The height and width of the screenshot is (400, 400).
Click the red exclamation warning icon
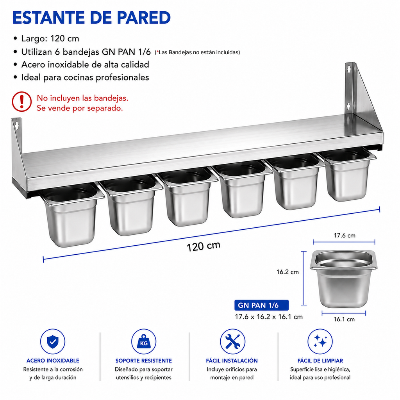(22, 102)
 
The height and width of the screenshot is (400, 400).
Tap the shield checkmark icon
(53, 341)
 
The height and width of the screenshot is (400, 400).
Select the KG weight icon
(144, 341)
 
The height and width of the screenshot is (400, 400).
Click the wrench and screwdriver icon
(232, 341)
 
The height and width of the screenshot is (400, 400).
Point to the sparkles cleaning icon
(320, 341)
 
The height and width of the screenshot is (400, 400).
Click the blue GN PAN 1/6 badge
(261, 305)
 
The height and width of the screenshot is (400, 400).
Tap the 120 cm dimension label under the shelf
(204, 246)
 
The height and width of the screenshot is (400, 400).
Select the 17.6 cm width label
(345, 235)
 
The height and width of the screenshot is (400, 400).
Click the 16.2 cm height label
(287, 272)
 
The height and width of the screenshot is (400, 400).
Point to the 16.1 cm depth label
(344, 319)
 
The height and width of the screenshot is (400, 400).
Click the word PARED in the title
(144, 18)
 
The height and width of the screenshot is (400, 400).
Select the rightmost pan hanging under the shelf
(347, 175)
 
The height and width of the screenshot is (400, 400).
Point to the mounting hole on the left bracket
(17, 125)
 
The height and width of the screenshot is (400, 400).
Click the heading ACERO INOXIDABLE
(53, 361)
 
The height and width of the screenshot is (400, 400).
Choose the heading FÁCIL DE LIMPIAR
(320, 361)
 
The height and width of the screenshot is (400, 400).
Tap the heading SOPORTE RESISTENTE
(144, 361)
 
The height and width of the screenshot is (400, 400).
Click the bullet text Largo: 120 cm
(50, 39)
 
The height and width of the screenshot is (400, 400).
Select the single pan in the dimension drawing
(343, 279)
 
